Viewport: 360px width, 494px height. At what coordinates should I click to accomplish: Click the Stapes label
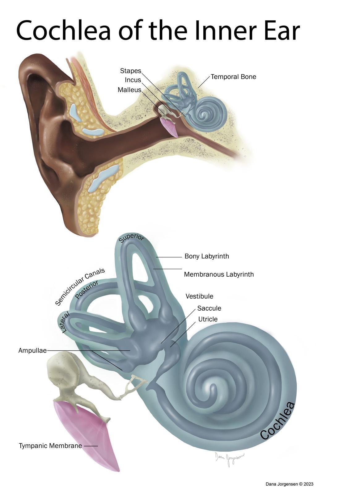click(130, 71)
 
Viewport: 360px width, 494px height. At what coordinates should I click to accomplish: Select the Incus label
click(133, 80)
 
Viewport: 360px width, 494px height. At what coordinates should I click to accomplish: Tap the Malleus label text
click(129, 90)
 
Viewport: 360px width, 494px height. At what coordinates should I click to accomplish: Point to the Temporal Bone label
click(233, 77)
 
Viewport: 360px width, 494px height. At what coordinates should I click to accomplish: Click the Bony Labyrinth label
click(206, 256)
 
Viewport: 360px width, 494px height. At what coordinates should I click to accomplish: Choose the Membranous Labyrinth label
click(219, 274)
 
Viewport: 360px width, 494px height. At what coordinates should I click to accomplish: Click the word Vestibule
click(199, 296)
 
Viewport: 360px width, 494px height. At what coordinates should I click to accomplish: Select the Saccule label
click(209, 308)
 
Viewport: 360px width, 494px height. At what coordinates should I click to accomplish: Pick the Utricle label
click(208, 319)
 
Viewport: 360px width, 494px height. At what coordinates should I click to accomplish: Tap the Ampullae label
click(32, 350)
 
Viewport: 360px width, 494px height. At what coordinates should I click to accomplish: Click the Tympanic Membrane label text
click(50, 446)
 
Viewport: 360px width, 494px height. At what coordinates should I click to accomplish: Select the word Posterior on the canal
click(87, 290)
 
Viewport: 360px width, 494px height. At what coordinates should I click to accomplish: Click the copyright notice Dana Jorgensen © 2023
click(289, 484)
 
